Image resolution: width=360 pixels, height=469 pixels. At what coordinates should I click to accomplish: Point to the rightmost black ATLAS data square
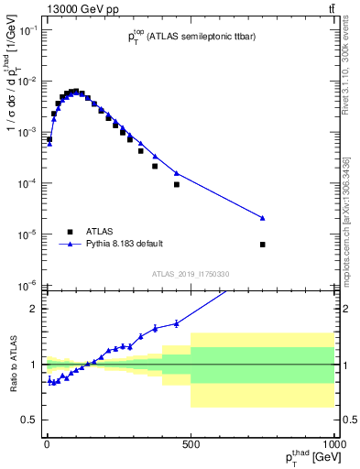[x=263, y=245]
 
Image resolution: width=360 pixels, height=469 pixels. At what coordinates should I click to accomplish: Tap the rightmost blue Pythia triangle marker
[x=263, y=218]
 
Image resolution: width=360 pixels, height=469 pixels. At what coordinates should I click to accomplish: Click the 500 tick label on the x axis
[x=191, y=443]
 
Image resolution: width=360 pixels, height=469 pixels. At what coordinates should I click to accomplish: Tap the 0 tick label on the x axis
[x=47, y=443]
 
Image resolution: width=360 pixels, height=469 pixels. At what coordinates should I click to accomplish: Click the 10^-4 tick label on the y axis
[x=27, y=183]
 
